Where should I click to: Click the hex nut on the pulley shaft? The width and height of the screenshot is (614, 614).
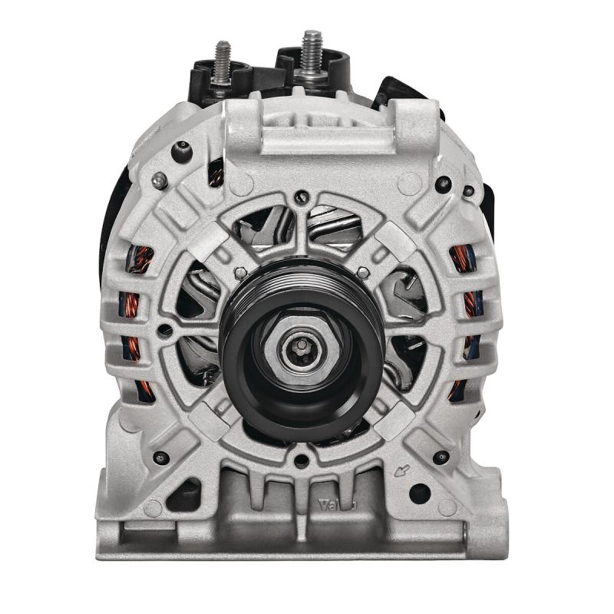302,351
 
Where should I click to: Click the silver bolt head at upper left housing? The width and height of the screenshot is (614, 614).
159,180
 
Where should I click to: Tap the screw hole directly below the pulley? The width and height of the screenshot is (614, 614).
301,461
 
